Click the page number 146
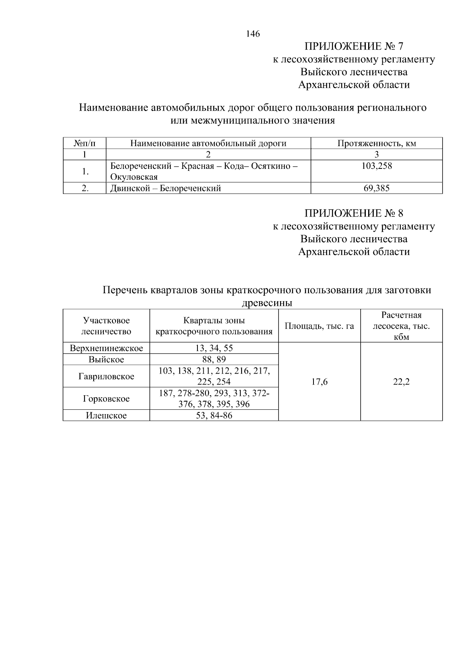tap(253, 34)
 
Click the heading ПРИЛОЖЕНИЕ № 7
tap(354, 46)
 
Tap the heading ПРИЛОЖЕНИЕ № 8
tap(354, 213)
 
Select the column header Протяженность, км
tap(376, 143)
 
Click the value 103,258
tap(376, 166)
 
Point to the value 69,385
tap(376, 188)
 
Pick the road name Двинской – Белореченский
tap(165, 188)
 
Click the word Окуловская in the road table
tap(134, 177)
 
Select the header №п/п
tap(85, 143)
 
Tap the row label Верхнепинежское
tap(106, 348)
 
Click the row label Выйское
tap(106, 359)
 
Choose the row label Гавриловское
tap(106, 376)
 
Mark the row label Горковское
tap(106, 399)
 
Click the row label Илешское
tap(106, 415)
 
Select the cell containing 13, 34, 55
tap(214, 348)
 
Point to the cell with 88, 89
tap(214, 359)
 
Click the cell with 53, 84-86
tap(214, 415)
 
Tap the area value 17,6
tap(319, 382)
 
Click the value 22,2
tap(401, 382)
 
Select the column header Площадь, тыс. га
tap(319, 326)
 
